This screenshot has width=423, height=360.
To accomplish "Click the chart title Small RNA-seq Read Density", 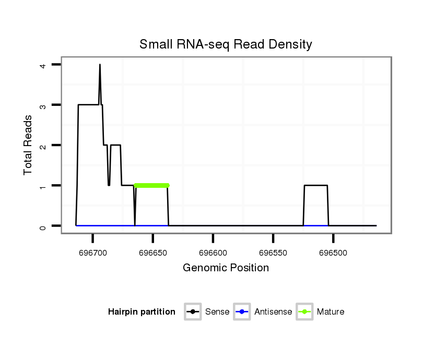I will pos(226,44).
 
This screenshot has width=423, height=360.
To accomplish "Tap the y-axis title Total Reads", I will pos(28,145).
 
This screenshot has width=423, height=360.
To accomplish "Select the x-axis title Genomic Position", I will pos(226,268).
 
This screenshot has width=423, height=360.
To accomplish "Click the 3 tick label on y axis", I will pos(43,105).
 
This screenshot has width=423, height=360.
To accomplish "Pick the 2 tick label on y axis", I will pos(43,145).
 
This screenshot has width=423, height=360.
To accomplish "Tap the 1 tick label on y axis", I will pos(43,186).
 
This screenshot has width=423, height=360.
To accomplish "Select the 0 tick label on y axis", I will pos(43,226).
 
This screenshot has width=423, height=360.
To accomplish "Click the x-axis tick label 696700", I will pos(92,253).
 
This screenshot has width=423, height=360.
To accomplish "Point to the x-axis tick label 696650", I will pos(152,253).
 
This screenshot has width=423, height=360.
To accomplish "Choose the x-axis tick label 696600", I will pos(213,253).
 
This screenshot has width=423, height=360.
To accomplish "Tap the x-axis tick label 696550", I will pos(273,253).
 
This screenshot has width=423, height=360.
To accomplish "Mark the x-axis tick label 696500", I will pos(334,253).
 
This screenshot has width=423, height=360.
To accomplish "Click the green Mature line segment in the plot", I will pos(152,185).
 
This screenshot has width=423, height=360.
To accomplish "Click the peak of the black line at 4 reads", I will pos(100,65).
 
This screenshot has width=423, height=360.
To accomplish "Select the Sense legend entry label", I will pos(217,312).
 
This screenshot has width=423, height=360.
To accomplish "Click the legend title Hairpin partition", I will pos(142,312).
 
